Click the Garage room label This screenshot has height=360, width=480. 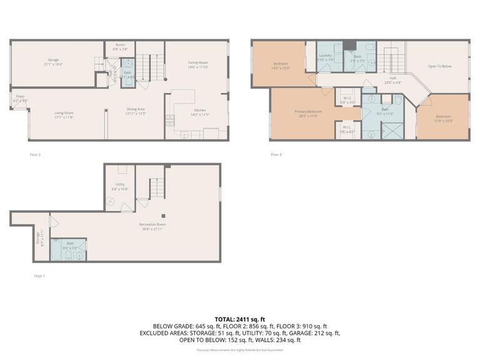pyautogui.click(x=53, y=60)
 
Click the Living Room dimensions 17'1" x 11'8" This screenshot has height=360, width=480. pyautogui.click(x=64, y=117)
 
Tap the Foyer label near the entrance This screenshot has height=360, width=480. pyautogui.click(x=21, y=97)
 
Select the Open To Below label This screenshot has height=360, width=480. pyautogui.click(x=439, y=66)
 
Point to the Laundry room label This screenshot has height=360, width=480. pyautogui.click(x=325, y=56)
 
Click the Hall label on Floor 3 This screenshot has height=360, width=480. pyautogui.click(x=392, y=78)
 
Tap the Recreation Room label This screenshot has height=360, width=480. pyautogui.click(x=152, y=224)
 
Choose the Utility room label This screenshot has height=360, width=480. pyautogui.click(x=119, y=184)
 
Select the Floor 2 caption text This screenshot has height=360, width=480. pyautogui.click(x=35, y=154)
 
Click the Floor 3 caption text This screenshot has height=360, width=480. pyautogui.click(x=276, y=154)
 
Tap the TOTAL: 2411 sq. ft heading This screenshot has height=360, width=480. pyautogui.click(x=240, y=318)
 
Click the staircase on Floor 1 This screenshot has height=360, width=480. pyautogui.click(x=156, y=187)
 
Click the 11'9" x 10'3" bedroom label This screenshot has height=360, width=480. pyautogui.click(x=443, y=119)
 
